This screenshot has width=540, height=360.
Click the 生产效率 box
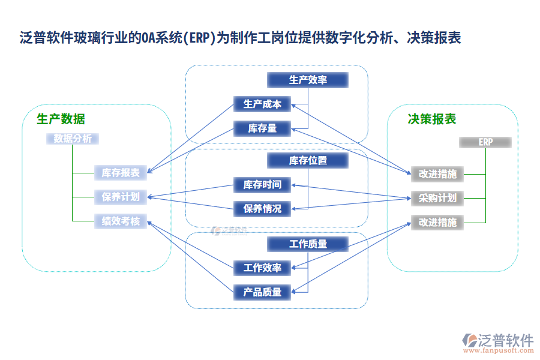pyautogui.click(x=308, y=80)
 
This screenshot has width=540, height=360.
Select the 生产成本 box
pyautogui.click(x=262, y=104)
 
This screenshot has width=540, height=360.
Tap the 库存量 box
pyautogui.click(x=262, y=128)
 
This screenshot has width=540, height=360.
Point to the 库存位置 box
pyautogui.click(x=308, y=160)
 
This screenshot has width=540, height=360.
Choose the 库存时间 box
pyautogui.click(x=262, y=185)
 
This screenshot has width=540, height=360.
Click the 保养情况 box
pyautogui.click(x=262, y=209)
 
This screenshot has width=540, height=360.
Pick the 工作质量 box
pyautogui.click(x=308, y=244)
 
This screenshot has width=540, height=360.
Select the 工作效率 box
pyautogui.click(x=262, y=268)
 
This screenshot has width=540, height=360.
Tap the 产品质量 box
pyautogui.click(x=262, y=292)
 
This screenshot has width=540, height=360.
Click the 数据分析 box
pyautogui.click(x=73, y=139)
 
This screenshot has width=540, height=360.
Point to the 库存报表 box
pyautogui.click(x=121, y=173)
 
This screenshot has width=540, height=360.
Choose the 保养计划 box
pyautogui.click(x=121, y=197)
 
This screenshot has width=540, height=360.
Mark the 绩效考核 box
pyautogui.click(x=121, y=221)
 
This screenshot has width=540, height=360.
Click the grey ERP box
pyautogui.click(x=485, y=142)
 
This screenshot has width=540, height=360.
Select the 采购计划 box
pyautogui.click(x=437, y=198)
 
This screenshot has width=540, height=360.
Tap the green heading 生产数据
pyautogui.click(x=61, y=119)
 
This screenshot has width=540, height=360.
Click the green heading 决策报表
pyautogui.click(x=432, y=119)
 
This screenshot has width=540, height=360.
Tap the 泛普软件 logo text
pyautogui.click(x=506, y=340)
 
